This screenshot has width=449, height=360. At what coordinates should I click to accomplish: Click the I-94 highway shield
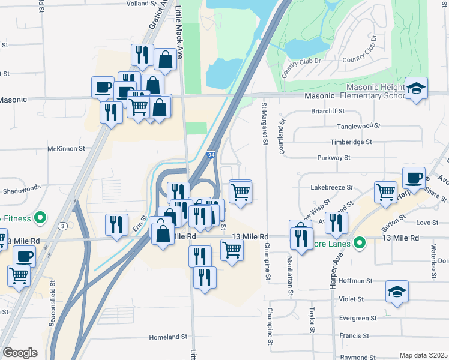coord(212,155)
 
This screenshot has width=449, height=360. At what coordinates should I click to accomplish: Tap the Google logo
coord(20,353)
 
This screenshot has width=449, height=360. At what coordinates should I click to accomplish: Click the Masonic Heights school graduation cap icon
coord(416,89)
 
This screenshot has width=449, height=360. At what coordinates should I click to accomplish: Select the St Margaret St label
coord(264,124)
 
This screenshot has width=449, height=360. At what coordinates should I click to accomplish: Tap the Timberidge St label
coord(351,142)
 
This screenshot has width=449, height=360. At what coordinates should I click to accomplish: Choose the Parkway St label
coord(334,158)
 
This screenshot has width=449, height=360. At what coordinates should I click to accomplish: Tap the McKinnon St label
coord(67,149)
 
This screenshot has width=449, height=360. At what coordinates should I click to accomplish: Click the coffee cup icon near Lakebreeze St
coord(414,178)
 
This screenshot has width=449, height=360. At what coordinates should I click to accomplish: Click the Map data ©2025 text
coord(423,355)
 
